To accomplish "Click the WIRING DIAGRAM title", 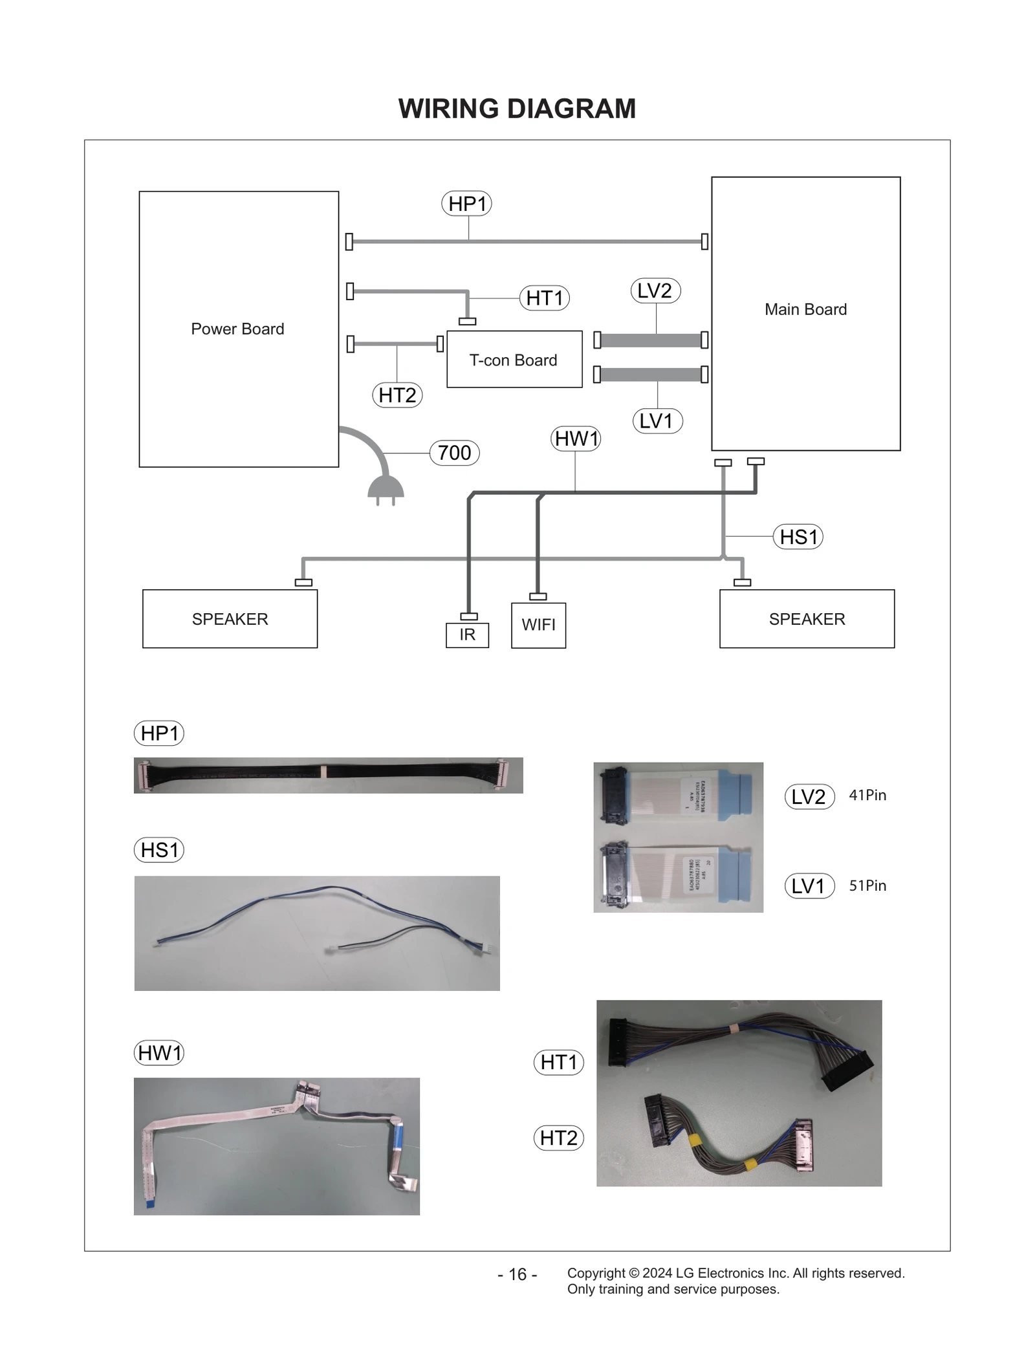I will point(516,109).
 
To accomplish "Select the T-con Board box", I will point(514,360).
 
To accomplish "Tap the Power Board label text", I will point(237,329).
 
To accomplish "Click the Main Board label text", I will point(805,309).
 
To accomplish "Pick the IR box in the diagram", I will point(467,635).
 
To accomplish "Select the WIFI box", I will point(538,625).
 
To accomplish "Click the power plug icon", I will point(386,488).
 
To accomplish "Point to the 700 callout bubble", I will point(454,453).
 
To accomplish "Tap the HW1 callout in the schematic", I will point(576,439).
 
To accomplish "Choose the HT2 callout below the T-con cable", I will point(397,395).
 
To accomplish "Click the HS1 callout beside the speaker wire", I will point(798,537).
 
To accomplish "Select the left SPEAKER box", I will point(230,619).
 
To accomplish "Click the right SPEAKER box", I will point(807,619).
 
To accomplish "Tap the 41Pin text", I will point(867,795).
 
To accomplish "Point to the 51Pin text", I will point(867,886).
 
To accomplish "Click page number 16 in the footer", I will point(517,1274).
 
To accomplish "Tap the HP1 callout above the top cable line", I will point(466,204).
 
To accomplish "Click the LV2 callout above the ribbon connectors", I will point(655,291).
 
